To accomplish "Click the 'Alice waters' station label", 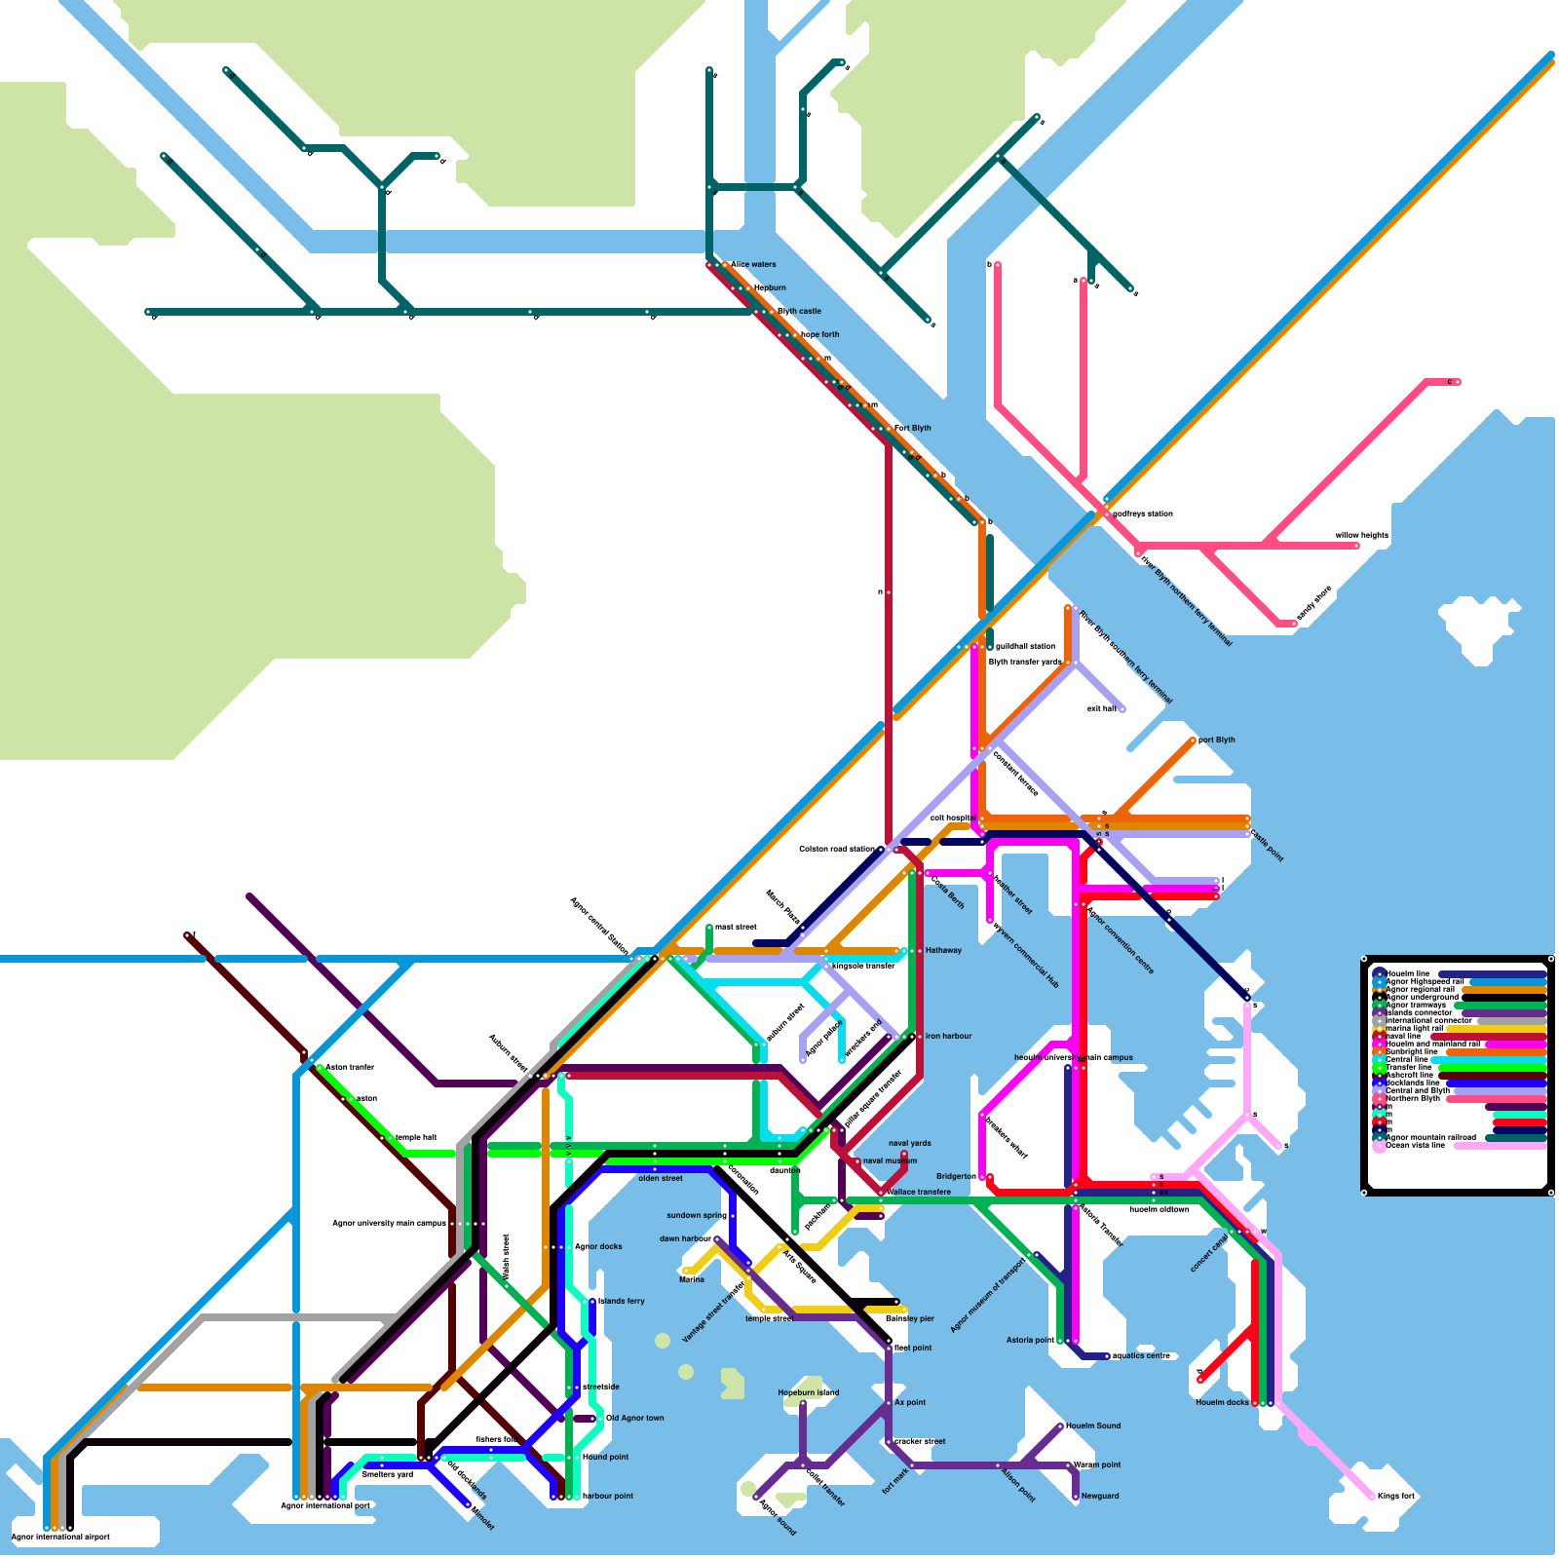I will click(x=753, y=264).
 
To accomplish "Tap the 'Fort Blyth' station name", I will click(x=912, y=428).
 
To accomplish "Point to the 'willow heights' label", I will click(x=1361, y=535).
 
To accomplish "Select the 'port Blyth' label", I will click(x=1216, y=740).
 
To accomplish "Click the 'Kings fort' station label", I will click(x=1395, y=1496).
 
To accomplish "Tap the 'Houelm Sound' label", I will click(x=1092, y=1426).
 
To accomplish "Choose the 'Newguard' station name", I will click(x=1100, y=1496).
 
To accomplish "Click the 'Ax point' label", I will click(x=910, y=1402).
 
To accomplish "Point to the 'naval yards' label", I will click(x=909, y=1143).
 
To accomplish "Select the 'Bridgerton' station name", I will click(x=956, y=1176).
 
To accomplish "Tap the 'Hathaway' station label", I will click(x=943, y=950).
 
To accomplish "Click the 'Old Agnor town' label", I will click(x=634, y=1418).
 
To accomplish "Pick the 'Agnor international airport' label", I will click(x=60, y=1537).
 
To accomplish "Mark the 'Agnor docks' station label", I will click(x=598, y=1246).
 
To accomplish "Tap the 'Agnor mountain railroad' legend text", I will click(x=1430, y=1137).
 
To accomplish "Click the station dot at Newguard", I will click(x=1076, y=1496).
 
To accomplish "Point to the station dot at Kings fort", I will click(x=1372, y=1496).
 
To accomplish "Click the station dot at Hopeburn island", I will click(x=802, y=1404).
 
